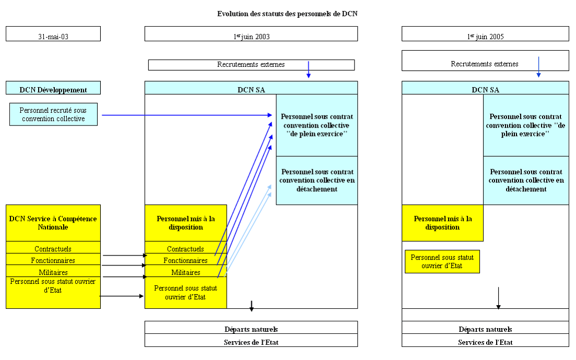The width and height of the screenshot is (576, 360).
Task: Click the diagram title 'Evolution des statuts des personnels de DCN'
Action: [x=287, y=14]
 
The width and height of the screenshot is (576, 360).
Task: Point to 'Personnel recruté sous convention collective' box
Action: [x=53, y=114]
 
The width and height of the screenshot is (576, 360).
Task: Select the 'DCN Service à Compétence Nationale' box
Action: [x=53, y=223]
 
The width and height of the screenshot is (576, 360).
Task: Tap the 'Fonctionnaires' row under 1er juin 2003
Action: [x=185, y=260]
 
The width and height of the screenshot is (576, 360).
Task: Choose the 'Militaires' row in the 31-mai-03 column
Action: [x=53, y=272]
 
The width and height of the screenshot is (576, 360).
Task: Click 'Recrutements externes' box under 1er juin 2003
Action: [x=251, y=65]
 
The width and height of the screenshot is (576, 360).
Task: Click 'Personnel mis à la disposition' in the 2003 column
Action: [x=185, y=223]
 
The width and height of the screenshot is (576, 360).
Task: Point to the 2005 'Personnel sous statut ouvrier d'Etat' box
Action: [x=442, y=261]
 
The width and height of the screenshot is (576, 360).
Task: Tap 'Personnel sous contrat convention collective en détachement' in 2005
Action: [x=526, y=180]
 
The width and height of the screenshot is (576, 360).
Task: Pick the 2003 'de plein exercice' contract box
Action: [x=316, y=125]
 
